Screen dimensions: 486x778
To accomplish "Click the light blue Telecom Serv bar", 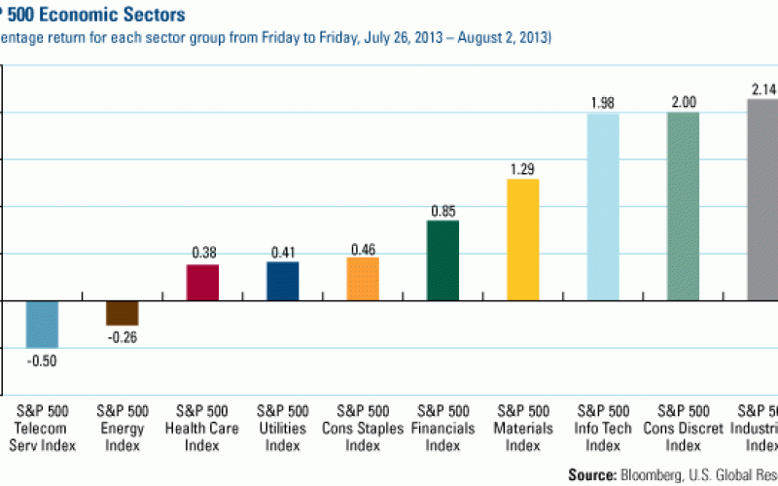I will point(42,324).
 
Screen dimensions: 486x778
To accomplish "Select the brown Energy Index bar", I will point(123,312).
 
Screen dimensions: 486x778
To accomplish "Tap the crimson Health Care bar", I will point(202,282).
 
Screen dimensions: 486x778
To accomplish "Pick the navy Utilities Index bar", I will point(283,281).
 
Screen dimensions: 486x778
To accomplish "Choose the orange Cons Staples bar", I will point(363,279).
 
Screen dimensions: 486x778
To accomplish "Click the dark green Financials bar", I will point(442,260).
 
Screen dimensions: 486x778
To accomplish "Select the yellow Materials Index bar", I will point(523,239).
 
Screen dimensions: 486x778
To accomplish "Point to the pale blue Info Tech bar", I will point(603,206).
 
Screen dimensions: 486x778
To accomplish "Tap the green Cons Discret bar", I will point(683,206).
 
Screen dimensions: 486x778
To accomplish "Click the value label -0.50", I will point(43,360).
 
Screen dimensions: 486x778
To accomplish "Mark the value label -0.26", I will point(123,336).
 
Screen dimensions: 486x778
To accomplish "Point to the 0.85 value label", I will point(443,209).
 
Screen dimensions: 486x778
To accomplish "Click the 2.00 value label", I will point(683,101).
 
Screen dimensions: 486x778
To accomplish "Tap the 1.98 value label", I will point(603,102).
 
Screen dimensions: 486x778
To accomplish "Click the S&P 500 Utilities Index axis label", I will point(283,428).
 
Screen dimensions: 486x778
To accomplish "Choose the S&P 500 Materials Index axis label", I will point(523,428).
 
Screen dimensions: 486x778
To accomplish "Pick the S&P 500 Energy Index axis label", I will point(123,428).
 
